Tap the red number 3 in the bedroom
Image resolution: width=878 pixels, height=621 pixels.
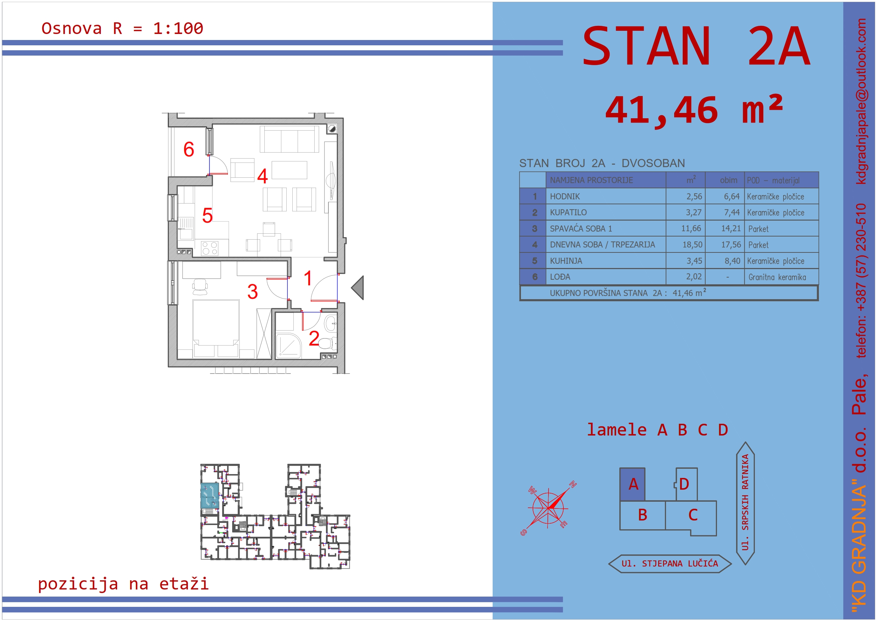(x=252, y=292)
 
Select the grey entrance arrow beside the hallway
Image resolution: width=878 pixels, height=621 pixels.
(x=357, y=288)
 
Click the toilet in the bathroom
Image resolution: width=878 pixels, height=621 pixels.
(x=327, y=343)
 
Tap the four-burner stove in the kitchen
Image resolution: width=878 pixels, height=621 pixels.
(x=210, y=248)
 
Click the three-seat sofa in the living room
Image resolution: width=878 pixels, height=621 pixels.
(x=289, y=139)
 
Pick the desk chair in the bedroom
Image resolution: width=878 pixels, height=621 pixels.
(x=200, y=286)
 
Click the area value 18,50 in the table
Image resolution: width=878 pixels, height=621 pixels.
(x=692, y=245)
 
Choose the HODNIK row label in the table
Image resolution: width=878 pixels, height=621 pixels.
(x=565, y=196)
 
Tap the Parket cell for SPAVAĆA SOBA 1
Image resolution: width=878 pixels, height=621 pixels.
(x=758, y=229)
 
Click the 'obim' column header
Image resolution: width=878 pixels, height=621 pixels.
(x=728, y=180)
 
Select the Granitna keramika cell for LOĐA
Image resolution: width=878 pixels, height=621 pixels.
(x=777, y=277)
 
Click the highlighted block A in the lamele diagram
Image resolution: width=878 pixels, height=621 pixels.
(x=632, y=484)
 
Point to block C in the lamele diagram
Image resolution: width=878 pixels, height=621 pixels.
(x=693, y=515)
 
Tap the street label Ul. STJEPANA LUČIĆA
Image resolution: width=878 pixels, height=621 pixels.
(x=670, y=564)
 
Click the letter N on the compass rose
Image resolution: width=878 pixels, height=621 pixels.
(x=573, y=484)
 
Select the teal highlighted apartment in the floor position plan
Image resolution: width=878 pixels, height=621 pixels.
(x=210, y=496)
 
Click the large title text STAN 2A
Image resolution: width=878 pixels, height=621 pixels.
(x=696, y=46)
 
